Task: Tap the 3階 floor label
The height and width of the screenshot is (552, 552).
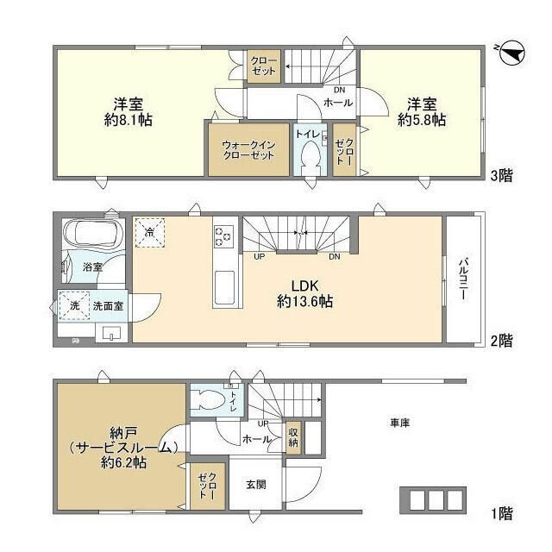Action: tap(502, 176)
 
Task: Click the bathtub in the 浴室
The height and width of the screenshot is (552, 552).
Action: tap(94, 235)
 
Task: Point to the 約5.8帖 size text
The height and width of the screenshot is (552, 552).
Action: tap(422, 121)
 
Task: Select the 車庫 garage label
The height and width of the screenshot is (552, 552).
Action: tap(398, 423)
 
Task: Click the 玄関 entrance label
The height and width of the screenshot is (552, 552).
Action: tap(255, 485)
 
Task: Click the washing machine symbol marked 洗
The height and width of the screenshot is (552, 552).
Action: tap(74, 305)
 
